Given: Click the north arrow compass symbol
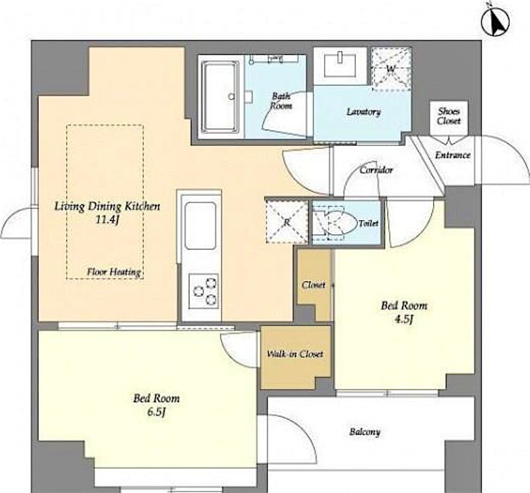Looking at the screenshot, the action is [x=495, y=20].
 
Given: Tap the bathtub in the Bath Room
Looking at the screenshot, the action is [x=219, y=97].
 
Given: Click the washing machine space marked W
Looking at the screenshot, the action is [x=391, y=69].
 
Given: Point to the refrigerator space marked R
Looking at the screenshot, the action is [x=287, y=222].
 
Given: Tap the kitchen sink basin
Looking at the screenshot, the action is [x=201, y=226].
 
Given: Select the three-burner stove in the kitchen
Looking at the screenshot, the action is [x=203, y=291].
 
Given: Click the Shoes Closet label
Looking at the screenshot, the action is [x=449, y=116].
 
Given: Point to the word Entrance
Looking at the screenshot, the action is [x=452, y=155].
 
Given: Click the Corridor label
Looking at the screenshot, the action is [x=376, y=169].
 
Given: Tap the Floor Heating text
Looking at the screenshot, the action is [x=113, y=272].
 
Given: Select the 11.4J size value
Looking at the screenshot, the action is [x=107, y=220].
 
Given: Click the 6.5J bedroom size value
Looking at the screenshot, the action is [x=156, y=412].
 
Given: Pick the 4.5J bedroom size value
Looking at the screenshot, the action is [x=404, y=320].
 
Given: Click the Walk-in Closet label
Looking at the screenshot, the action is [x=295, y=354].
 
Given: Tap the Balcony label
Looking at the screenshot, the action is [x=365, y=432].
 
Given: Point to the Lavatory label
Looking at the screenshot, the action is [x=364, y=112].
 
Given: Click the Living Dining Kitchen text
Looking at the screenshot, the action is [x=107, y=206].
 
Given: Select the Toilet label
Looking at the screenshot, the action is [x=368, y=223].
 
